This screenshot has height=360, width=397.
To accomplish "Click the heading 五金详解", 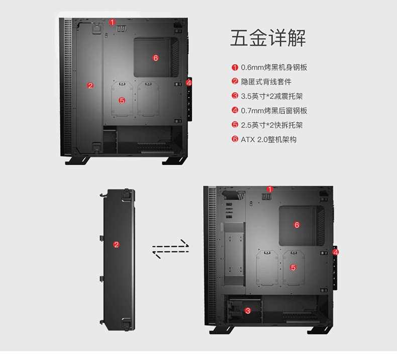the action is [x=268, y=39].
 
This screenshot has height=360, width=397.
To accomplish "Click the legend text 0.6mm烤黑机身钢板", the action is [x=274, y=67].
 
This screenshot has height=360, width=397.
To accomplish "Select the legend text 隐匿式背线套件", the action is [x=266, y=81].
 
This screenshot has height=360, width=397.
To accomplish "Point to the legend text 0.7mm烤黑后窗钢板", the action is [x=274, y=111].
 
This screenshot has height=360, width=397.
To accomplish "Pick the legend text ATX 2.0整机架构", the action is [x=268, y=139].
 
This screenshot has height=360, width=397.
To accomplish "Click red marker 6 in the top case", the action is [x=156, y=58].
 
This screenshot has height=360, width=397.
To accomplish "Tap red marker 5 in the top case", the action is [x=122, y=100].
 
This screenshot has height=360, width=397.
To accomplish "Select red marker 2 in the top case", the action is [x=90, y=85].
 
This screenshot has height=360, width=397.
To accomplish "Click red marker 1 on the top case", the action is [x=113, y=22].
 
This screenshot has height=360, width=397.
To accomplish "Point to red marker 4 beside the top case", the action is [x=189, y=82].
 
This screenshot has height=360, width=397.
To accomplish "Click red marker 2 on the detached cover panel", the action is [x=117, y=245].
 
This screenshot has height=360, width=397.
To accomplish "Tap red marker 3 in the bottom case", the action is [x=248, y=311].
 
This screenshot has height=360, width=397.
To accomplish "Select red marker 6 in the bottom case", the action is [x=296, y=225].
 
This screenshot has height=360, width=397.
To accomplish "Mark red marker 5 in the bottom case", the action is [x=293, y=267].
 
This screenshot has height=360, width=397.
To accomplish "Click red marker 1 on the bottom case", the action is [x=269, y=189].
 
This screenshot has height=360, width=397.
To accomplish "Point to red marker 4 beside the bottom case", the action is [x=336, y=251].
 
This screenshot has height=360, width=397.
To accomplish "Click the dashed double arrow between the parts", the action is [x=171, y=249].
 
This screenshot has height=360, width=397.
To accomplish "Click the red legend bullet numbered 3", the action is [x=235, y=96].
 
